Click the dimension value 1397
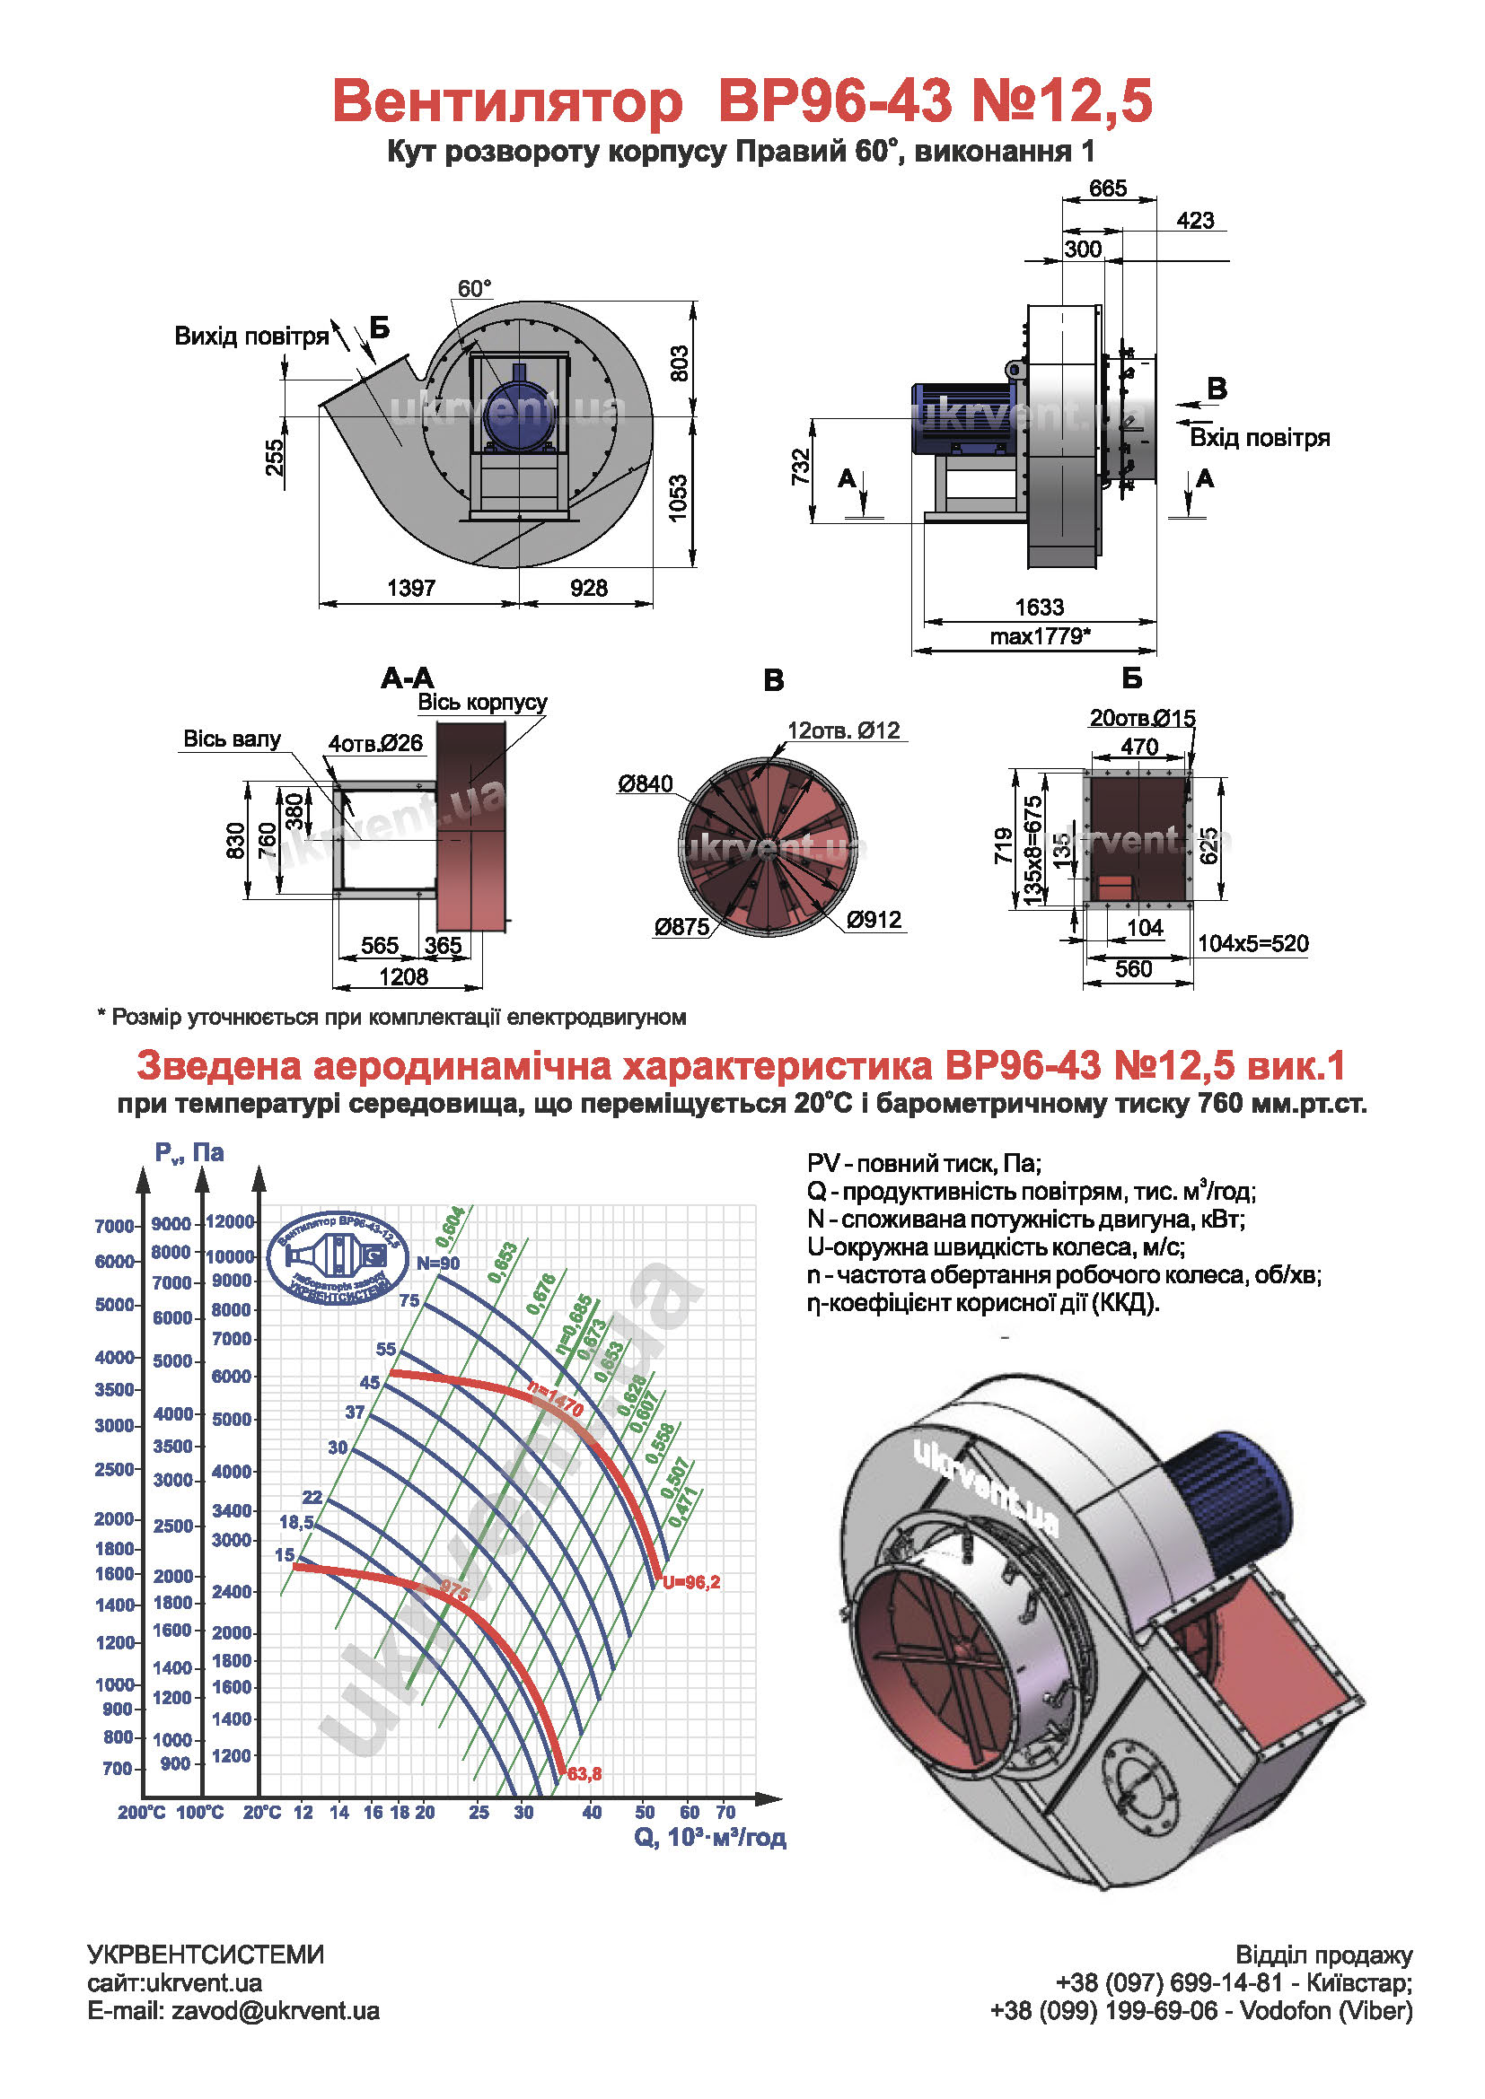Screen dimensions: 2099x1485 point(410,588)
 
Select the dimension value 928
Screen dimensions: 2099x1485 point(588,588)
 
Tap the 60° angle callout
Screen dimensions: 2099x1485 point(475,289)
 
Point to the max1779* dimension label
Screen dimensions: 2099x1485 point(1040,636)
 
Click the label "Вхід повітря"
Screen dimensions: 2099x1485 point(1259,438)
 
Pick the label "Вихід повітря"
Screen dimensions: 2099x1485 point(251,337)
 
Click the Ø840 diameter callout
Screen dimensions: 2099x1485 point(645,783)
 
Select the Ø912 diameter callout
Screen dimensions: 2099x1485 point(874,920)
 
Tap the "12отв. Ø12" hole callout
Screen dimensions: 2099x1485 point(843,730)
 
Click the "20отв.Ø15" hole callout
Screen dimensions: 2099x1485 point(1142,719)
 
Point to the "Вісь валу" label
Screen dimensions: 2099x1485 point(233,739)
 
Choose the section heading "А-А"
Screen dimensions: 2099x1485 point(408,678)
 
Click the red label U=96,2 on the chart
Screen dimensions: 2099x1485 point(691,1582)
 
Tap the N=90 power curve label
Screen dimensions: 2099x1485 point(438,1264)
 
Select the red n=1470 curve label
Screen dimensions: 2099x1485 point(555,1400)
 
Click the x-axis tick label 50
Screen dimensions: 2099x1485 point(646,1812)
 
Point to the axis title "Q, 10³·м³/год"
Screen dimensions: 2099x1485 point(709,1838)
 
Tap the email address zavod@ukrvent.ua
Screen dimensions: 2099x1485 point(276,2011)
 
